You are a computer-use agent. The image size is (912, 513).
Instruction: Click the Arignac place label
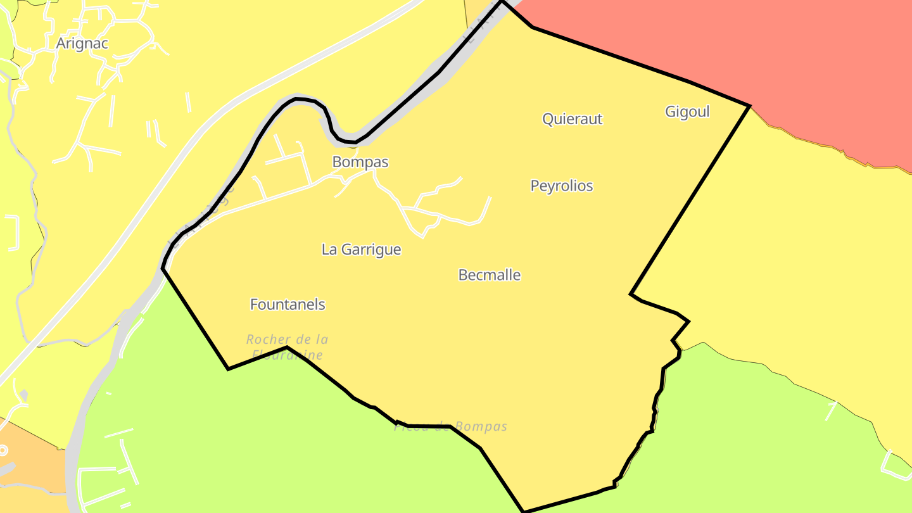pos(82,43)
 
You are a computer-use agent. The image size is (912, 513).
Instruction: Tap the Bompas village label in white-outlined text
pos(360,162)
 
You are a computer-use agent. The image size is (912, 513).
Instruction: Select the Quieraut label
pos(572,119)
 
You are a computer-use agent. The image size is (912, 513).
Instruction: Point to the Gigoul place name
pos(687,112)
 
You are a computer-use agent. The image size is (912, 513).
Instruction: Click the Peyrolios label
pos(561,186)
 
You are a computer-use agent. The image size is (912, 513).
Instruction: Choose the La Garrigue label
pos(361,250)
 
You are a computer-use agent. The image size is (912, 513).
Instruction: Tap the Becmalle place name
pos(489,275)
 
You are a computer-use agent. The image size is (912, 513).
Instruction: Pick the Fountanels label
pos(288,305)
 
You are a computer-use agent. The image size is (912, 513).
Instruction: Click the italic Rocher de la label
pos(287,339)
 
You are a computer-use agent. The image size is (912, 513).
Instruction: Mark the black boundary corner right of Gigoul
pos(750,106)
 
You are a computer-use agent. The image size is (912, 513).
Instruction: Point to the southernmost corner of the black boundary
pos(524,511)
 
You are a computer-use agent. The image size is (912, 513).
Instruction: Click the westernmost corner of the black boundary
pos(163,268)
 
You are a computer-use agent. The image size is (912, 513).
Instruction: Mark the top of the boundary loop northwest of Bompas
pos(298,99)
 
